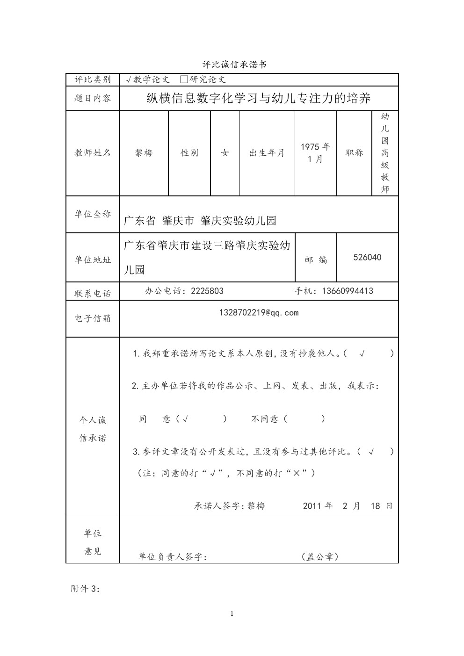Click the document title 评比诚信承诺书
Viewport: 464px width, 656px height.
[x=234, y=65]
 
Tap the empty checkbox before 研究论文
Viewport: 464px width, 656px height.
[x=184, y=79]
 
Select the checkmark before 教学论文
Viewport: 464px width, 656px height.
[x=129, y=80]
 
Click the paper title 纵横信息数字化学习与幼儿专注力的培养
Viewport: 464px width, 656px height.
[x=259, y=98]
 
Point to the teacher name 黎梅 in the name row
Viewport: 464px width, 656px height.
[x=144, y=153]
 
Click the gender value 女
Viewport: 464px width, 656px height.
[x=225, y=153]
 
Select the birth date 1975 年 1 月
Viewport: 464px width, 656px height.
[x=315, y=153]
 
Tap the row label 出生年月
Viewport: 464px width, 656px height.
[x=267, y=153]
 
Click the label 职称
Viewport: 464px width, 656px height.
[x=354, y=153]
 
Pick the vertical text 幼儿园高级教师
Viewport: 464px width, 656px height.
[x=385, y=153]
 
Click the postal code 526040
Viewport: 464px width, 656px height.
[x=367, y=258]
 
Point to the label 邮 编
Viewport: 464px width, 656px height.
[x=316, y=260]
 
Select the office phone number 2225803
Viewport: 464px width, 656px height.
[x=207, y=291]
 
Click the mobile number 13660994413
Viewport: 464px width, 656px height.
[x=348, y=291]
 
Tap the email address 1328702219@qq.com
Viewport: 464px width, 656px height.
[x=259, y=313]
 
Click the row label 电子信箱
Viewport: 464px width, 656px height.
[x=93, y=318]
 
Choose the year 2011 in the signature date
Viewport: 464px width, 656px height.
[x=312, y=506]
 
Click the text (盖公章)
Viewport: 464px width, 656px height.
[x=320, y=556]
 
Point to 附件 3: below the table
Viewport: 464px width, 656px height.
[x=86, y=589]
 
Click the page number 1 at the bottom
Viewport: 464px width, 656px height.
[x=232, y=614]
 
